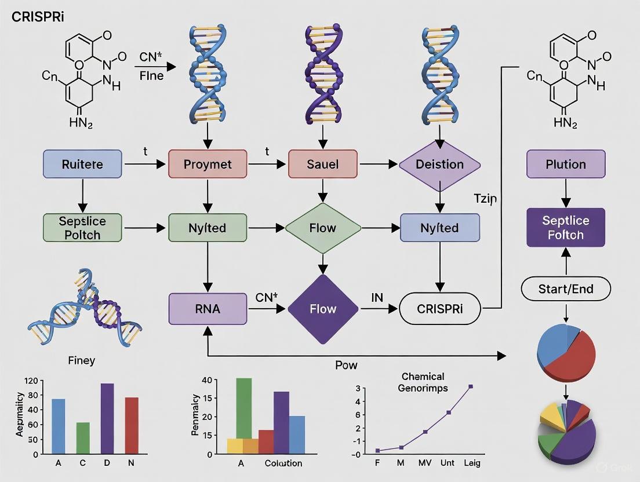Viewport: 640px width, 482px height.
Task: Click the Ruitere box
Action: tap(82, 164)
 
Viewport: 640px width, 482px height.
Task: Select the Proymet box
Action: tap(208, 164)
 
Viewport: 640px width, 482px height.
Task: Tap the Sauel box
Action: tap(323, 164)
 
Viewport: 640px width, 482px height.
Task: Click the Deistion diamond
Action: tap(439, 165)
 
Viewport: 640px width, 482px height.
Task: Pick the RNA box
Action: tap(208, 309)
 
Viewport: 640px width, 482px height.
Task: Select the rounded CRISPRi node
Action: tap(440, 309)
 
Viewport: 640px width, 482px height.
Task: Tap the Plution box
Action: tap(566, 164)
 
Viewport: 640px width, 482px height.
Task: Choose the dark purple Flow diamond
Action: tap(323, 309)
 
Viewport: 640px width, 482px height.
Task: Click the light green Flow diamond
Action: tap(323, 228)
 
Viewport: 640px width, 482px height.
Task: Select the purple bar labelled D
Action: tap(107, 418)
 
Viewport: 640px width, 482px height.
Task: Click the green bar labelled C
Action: tap(83, 437)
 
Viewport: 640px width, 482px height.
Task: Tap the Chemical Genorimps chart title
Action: tap(422, 382)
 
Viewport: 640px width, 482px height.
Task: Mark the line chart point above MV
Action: tap(425, 432)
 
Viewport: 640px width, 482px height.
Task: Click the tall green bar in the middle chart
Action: tap(244, 408)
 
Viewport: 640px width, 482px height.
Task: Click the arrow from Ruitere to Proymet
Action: tap(145, 165)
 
